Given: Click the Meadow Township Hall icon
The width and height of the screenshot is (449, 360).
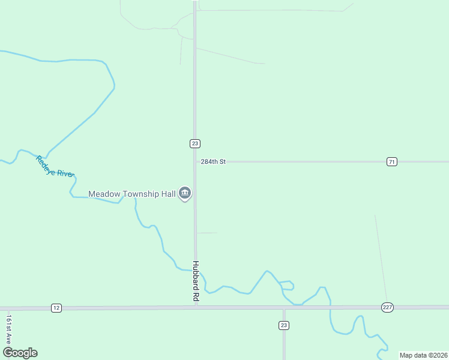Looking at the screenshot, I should tap(185, 193).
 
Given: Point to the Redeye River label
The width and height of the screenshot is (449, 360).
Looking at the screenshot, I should tap(54, 166).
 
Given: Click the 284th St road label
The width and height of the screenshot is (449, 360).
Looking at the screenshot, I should tap(212, 162).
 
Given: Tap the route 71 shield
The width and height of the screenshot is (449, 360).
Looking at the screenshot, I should tap(391, 161).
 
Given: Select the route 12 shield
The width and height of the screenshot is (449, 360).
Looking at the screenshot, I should tap(56, 308).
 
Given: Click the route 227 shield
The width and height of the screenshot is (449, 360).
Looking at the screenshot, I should tap(387, 307).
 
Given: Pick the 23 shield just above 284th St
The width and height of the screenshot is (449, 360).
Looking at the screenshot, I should tap(194, 143).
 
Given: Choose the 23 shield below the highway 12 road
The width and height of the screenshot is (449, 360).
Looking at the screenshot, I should tap(284, 325).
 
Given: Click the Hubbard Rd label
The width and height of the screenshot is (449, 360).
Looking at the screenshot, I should tap(196, 281).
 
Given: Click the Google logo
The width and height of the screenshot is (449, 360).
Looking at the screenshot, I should tap(20, 353).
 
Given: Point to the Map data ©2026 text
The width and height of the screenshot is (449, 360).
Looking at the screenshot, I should tap(423, 355).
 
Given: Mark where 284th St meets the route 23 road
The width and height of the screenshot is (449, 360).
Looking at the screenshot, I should tap(194, 162).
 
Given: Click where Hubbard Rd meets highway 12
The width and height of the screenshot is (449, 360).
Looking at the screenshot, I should tap(196, 307).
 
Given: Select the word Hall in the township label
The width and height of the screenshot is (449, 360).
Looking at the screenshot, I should tap(168, 194).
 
